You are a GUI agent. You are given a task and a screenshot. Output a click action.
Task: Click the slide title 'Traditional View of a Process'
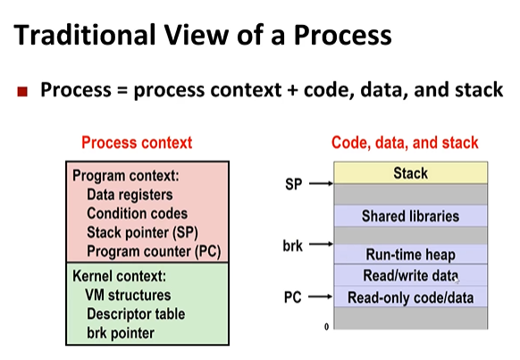(204, 37)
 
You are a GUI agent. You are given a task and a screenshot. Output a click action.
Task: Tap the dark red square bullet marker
(24, 91)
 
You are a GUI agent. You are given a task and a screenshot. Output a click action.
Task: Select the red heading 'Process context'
(136, 142)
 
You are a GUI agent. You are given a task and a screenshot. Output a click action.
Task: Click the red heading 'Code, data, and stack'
(405, 142)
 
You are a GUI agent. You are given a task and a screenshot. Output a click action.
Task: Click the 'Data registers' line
(130, 195)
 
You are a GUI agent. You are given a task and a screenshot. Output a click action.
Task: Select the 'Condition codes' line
(137, 213)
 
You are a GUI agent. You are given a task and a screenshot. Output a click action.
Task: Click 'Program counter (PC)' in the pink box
(153, 251)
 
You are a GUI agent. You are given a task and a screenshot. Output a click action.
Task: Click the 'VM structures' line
(128, 295)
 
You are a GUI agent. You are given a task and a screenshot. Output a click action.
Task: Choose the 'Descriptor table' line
(135, 314)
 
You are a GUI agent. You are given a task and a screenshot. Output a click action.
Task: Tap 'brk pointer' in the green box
(120, 332)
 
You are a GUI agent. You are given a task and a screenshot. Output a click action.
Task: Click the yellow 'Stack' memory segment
(410, 173)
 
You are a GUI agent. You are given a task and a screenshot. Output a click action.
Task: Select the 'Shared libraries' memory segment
(410, 216)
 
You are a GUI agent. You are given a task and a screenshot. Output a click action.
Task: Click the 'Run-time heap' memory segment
(410, 255)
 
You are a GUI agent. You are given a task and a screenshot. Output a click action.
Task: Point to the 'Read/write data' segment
(410, 276)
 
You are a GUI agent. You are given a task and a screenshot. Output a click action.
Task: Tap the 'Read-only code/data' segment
(410, 297)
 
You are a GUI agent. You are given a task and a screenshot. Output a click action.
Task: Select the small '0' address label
(326, 327)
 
